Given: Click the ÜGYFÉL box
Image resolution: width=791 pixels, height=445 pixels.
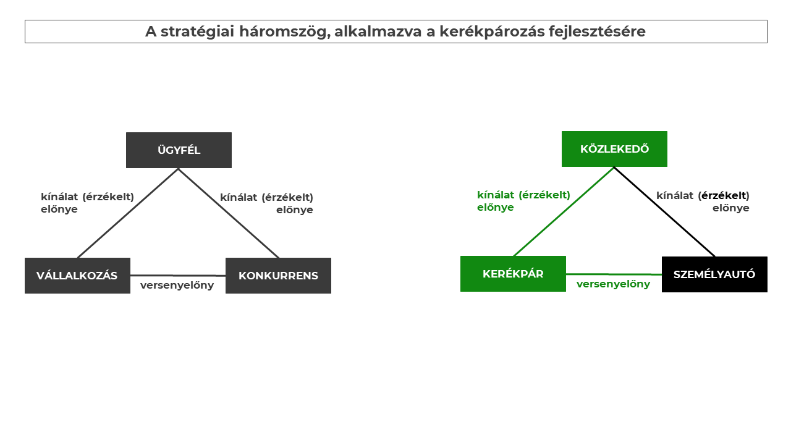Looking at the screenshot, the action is (x=179, y=150).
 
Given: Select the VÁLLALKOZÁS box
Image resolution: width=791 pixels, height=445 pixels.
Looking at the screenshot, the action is (x=77, y=276).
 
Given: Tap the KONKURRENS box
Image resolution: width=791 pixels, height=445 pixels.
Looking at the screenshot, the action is (x=278, y=276).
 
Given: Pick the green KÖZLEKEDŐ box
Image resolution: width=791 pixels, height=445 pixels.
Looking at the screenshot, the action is (x=614, y=149).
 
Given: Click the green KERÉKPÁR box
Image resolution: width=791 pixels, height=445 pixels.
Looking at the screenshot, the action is (x=513, y=274).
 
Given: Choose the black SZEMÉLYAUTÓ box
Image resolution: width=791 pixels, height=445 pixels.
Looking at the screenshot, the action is (x=714, y=274).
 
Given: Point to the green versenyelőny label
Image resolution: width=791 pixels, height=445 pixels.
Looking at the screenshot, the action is (x=614, y=284).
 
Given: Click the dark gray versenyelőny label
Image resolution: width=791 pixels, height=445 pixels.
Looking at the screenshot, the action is (x=177, y=286).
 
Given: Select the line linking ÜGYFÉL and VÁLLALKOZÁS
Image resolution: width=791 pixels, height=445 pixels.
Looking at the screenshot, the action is (x=128, y=213).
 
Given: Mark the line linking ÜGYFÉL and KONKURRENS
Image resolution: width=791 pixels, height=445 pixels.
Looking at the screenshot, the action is (x=229, y=213).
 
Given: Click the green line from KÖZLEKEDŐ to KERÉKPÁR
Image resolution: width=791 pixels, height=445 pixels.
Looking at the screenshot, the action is (x=564, y=211).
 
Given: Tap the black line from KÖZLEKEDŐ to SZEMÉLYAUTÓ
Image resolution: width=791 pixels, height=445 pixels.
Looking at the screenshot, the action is (x=664, y=212).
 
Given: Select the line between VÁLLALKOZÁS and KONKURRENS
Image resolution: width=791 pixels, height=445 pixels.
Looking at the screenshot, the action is (x=178, y=276).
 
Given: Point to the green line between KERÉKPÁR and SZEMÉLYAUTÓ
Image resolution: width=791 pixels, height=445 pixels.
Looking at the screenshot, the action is (x=614, y=274).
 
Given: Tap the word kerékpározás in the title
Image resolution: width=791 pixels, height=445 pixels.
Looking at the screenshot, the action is (x=493, y=32).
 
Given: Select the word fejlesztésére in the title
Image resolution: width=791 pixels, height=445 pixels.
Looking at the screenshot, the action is (x=597, y=32).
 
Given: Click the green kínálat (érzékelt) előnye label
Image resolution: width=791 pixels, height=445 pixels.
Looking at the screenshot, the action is (x=523, y=201).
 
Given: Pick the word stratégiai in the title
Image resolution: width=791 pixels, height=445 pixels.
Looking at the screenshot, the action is (x=197, y=32).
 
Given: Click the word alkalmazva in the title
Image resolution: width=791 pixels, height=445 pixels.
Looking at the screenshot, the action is (x=378, y=32).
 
